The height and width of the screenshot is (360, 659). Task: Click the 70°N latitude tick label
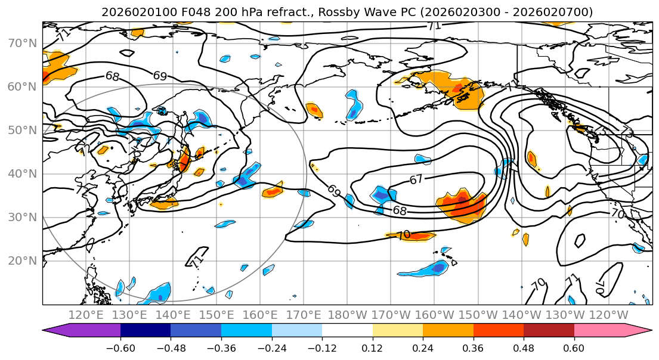(21, 43)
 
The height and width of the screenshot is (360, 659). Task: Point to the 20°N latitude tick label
(21, 260)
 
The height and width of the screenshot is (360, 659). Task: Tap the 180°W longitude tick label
(347, 315)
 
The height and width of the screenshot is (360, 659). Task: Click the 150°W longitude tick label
(478, 315)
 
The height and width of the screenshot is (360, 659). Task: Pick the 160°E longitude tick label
(260, 315)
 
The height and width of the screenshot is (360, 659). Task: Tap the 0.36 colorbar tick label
(473, 347)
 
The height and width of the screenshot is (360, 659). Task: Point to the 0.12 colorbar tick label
(372, 347)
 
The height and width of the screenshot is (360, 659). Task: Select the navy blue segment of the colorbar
(146, 331)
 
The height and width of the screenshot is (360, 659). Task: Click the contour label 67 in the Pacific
(417, 179)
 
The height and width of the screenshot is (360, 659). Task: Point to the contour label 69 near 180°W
(335, 191)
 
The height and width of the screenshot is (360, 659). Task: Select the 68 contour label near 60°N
(112, 76)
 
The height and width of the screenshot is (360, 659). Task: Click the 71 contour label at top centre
(434, 26)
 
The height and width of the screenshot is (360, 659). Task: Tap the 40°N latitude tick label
(21, 173)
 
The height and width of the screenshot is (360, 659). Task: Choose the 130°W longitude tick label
(565, 315)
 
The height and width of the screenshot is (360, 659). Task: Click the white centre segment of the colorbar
(347, 331)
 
